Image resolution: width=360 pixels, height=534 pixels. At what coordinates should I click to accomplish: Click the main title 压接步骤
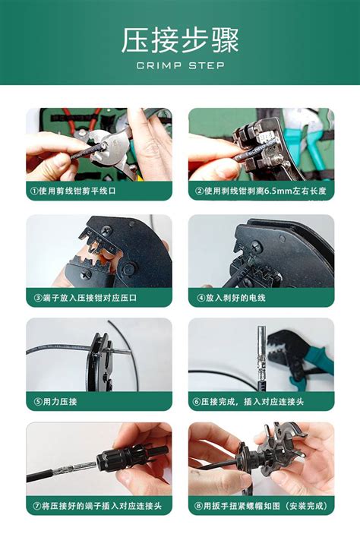pyautogui.click(x=180, y=40)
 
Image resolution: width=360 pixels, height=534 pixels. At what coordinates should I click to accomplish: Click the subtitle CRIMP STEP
pyautogui.click(x=180, y=65)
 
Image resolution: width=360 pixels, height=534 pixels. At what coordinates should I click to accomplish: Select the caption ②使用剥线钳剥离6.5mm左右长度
pyautogui.click(x=261, y=191)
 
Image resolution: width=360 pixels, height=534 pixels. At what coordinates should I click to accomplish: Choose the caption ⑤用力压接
pyautogui.click(x=56, y=401)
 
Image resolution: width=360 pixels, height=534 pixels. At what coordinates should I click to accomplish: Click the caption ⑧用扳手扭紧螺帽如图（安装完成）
pyautogui.click(x=261, y=505)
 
